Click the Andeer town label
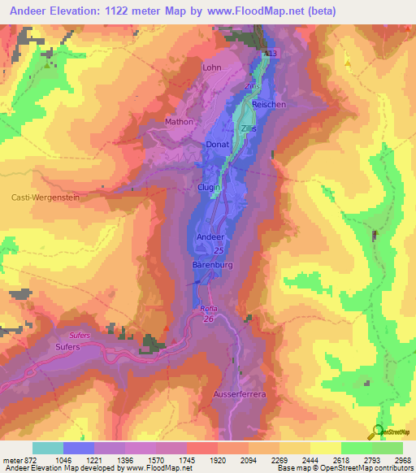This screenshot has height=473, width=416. (x=210, y=236)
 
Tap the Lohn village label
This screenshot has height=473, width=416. (x=212, y=68)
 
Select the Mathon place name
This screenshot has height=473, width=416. (x=180, y=122)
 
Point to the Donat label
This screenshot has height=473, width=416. (x=218, y=144)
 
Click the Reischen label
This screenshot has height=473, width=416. (x=269, y=105)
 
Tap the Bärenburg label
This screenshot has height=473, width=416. (x=213, y=266)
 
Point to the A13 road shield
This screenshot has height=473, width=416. (x=271, y=54)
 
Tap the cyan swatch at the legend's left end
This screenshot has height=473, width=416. (x=47, y=448)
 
